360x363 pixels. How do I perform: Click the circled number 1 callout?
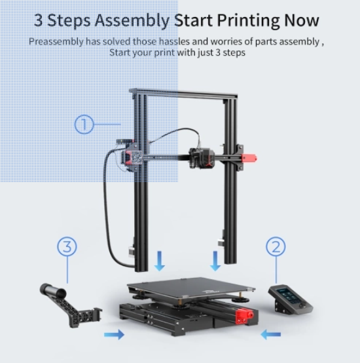[84, 124]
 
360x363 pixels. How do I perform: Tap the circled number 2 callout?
[276, 246]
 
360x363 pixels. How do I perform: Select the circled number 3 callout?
[67, 246]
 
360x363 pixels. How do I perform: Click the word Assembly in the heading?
[132, 21]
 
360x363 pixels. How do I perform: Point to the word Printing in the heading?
[249, 21]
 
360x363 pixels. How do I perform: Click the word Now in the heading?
[302, 20]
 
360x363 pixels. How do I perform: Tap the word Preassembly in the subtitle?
[56, 42]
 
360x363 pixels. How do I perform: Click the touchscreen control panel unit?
[291, 299]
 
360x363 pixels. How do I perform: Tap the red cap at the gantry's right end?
[249, 159]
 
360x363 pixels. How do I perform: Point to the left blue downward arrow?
[159, 261]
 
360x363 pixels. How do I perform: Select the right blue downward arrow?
[215, 261]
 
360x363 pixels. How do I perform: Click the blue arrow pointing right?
[115, 335]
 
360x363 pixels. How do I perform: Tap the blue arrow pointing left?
[271, 335]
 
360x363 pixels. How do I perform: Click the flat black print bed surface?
[191, 287]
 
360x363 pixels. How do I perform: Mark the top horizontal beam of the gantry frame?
[183, 94]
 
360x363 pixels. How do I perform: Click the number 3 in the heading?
[39, 20]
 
